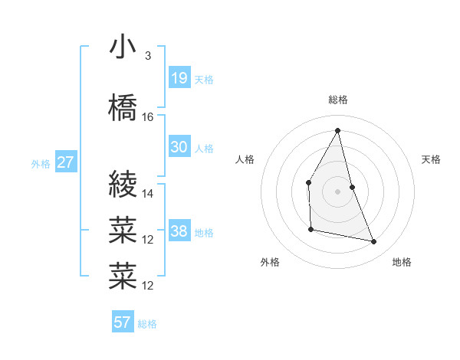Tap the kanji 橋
pyautogui.click(x=123, y=108)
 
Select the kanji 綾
pyautogui.click(x=123, y=185)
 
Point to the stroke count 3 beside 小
pyautogui.click(x=147, y=56)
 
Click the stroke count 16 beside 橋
pyautogui.click(x=148, y=117)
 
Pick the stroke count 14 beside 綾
pyautogui.click(x=148, y=194)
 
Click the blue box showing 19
pyautogui.click(x=179, y=77)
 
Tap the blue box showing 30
pyautogui.click(x=179, y=147)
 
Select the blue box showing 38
pyautogui.click(x=179, y=231)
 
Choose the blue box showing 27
pyautogui.click(x=65, y=162)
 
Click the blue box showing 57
pyautogui.click(x=123, y=322)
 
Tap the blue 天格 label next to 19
pyautogui.click(x=204, y=79)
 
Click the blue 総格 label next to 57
pyautogui.click(x=147, y=324)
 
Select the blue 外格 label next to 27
pyautogui.click(x=40, y=164)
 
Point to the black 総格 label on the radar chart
pyautogui.click(x=337, y=100)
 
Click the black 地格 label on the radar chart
pyautogui.click(x=402, y=263)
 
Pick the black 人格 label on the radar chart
pyautogui.click(x=245, y=159)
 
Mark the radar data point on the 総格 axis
pyautogui.click(x=337, y=130)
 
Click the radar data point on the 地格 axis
pyautogui.click(x=374, y=242)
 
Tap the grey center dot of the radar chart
pyautogui.click(x=337, y=191)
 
